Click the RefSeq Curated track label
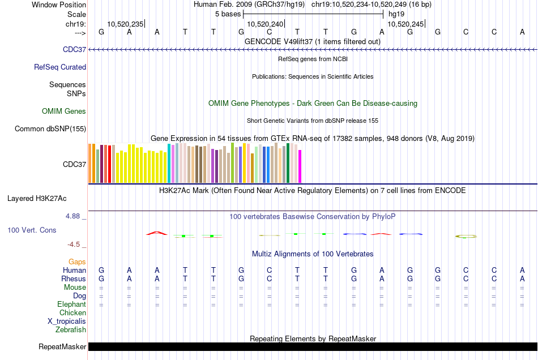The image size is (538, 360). (60, 67)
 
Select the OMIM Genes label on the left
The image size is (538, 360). (64, 111)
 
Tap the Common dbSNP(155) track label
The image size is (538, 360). (50, 128)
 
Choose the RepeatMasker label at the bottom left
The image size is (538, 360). (62, 346)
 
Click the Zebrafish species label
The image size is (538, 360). (71, 329)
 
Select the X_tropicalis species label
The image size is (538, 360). (67, 321)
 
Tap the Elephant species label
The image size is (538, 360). (72, 304)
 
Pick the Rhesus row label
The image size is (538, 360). (74, 278)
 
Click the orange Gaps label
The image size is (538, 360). (78, 262)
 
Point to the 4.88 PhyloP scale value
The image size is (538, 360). (76, 216)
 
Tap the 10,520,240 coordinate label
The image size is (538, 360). (265, 24)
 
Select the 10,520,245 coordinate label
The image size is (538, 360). (405, 24)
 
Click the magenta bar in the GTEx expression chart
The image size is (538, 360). (300, 166)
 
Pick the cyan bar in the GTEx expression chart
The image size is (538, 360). (169, 164)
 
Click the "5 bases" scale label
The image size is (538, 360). (228, 14)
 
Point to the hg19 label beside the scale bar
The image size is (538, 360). (396, 14)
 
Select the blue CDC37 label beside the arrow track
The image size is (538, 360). (75, 50)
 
